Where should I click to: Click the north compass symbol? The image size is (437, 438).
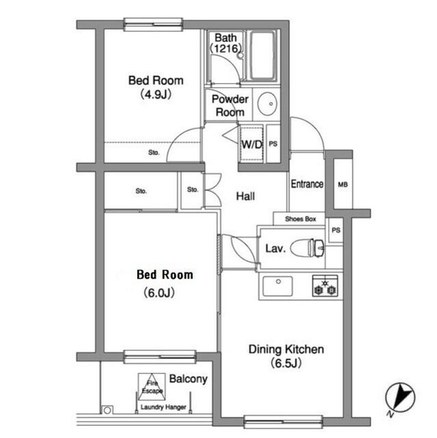pos(400,398)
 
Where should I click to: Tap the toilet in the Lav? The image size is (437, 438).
pos(308,248)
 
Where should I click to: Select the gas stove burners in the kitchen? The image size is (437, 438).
pos(325,286)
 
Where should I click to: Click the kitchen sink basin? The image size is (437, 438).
pos(278,286)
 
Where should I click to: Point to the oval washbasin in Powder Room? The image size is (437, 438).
pos(267,103)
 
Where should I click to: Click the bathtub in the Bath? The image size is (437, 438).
pos(262,55)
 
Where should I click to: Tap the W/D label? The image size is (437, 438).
pos(252,144)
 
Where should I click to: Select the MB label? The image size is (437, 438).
pos(343,185)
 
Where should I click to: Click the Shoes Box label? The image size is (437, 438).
pos(300,219)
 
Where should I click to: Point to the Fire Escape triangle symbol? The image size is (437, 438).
pos(152,387)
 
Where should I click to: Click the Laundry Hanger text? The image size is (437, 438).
pos(163,407)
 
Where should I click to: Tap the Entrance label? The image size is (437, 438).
pos(307,184)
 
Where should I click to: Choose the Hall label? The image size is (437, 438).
pos(246,196)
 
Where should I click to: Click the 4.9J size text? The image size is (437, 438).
pos(155,94)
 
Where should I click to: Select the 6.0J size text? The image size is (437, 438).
pos(159,293)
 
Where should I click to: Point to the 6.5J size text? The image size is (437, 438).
pos(286,363)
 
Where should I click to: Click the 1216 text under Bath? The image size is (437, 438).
pos(226,49)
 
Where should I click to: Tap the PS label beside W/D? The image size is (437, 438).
pos(273,144)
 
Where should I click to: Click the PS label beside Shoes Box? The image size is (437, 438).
pos(336,230)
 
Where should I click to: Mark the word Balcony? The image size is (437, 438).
pos(188,379)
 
